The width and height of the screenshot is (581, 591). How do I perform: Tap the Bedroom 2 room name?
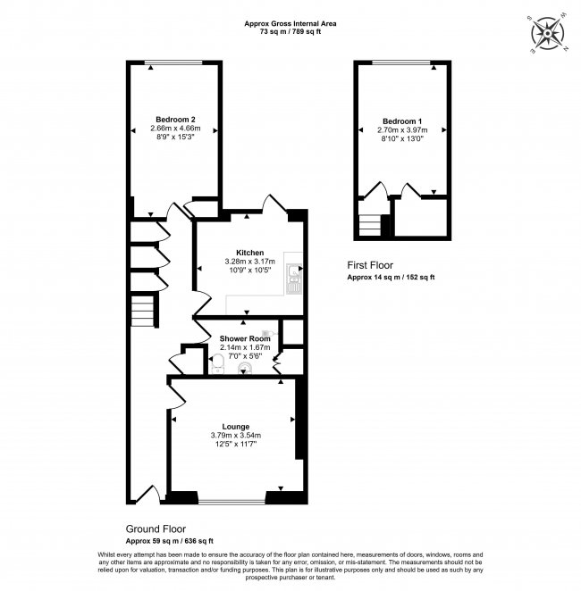(x=175, y=120)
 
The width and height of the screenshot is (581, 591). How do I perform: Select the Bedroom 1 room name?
(x=402, y=121)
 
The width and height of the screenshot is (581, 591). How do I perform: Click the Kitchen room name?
(x=250, y=253)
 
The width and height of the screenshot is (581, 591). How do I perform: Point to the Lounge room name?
(x=236, y=427)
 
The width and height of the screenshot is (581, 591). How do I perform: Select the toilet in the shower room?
(x=215, y=362)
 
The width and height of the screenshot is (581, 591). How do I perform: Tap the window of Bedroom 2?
(x=175, y=62)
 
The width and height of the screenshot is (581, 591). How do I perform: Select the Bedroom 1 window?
(x=402, y=62)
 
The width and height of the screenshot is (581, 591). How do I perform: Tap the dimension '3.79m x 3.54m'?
(x=236, y=436)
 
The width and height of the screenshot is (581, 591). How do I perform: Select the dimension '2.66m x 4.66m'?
(x=175, y=129)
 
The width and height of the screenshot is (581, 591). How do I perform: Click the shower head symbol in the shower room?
(x=266, y=333)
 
